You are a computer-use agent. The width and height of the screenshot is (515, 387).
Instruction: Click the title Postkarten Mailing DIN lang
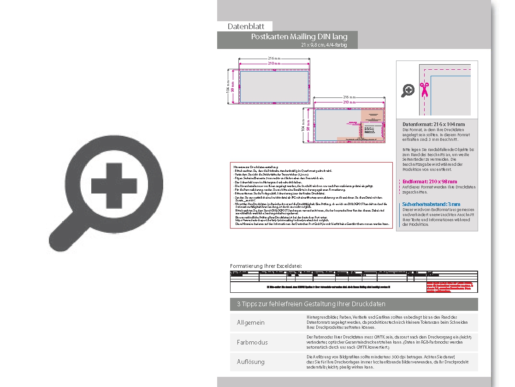[299, 37]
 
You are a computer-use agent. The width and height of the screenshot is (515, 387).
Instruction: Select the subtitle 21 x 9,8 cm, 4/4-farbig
[323, 45]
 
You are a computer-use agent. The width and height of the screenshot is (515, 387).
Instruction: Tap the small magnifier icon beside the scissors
[408, 91]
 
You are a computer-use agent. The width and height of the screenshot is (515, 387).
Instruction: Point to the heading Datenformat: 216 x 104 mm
[433, 124]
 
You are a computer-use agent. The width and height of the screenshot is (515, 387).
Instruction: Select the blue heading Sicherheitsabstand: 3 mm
[431, 204]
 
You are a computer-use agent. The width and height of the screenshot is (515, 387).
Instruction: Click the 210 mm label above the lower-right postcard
[349, 101]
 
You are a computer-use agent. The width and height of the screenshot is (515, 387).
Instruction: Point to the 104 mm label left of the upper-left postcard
[228, 87]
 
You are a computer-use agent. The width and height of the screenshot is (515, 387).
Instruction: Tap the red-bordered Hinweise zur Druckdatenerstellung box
[311, 195]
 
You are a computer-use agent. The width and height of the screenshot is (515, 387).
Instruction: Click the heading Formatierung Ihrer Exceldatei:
[266, 266]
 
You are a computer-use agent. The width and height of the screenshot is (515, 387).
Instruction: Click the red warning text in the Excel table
[451, 287]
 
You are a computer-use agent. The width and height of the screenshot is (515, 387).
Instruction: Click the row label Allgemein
[251, 322]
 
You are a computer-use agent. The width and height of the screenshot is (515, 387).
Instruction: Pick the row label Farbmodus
[252, 342]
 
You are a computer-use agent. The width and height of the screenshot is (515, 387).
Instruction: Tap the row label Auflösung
[251, 362]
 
